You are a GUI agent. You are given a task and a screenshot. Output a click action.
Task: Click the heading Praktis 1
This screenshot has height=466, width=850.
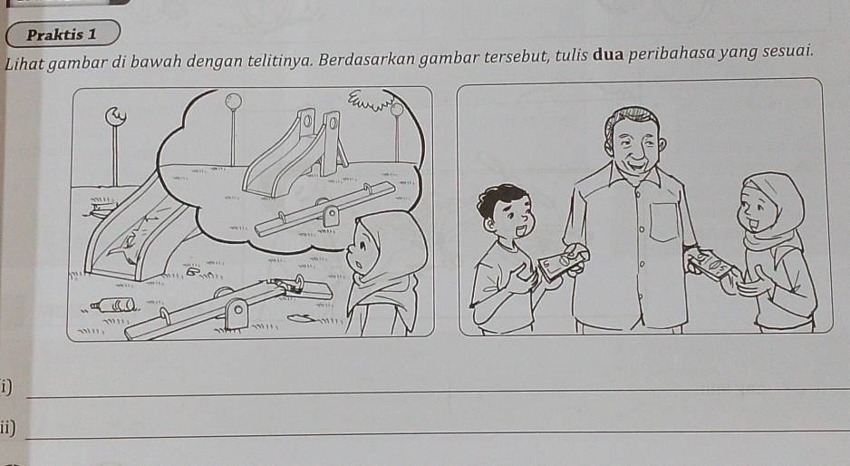pos(62,34)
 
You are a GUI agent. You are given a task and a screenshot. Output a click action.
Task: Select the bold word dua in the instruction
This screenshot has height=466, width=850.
pos(608,55)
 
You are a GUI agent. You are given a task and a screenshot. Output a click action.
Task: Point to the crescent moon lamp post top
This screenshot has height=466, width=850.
pos(115,115)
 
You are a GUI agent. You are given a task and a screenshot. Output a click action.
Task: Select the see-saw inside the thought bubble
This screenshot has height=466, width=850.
pos(324,209)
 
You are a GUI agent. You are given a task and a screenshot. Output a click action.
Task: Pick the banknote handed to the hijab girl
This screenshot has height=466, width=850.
pos(711,266)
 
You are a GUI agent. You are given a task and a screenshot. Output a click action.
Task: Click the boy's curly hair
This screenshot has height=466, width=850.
pos(500,198)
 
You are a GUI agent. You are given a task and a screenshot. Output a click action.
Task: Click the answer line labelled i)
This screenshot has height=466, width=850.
pos(437,393)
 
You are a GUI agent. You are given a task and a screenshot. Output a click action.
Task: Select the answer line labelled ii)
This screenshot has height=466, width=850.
pos(437,432)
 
